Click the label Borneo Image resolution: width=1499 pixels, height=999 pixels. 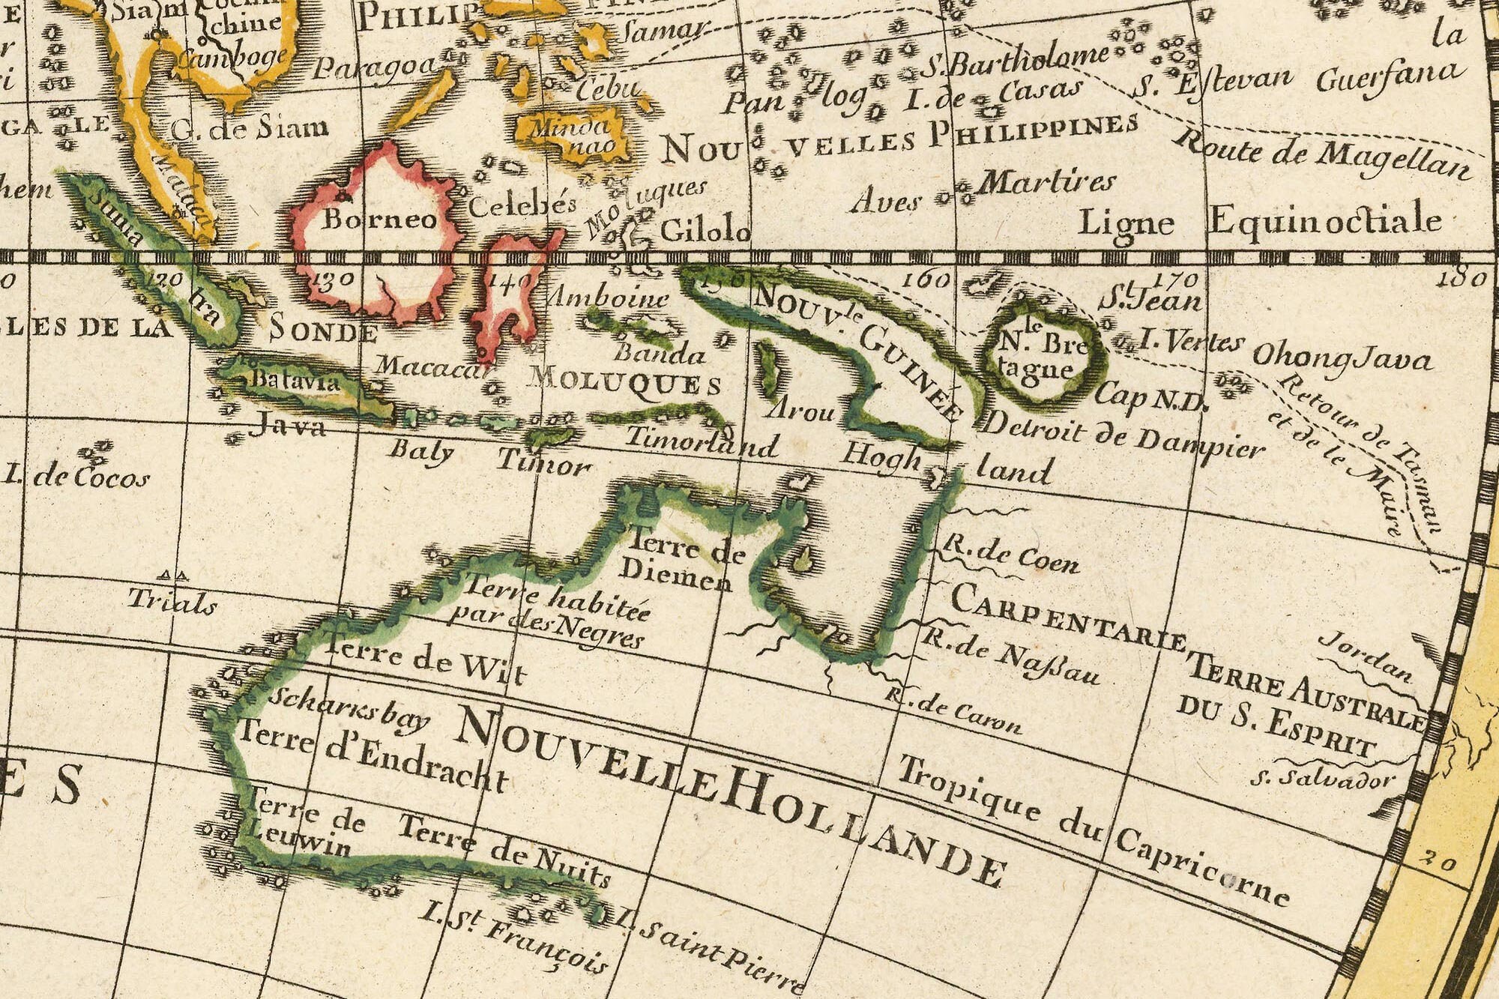(379, 219)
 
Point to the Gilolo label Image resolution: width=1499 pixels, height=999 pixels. (705, 230)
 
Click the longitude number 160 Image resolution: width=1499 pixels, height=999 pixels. (927, 280)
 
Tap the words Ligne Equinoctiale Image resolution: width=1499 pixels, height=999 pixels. (1259, 222)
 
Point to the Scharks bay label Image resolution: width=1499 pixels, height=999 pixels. (349, 709)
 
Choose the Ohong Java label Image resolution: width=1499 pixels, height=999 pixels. (1342, 357)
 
